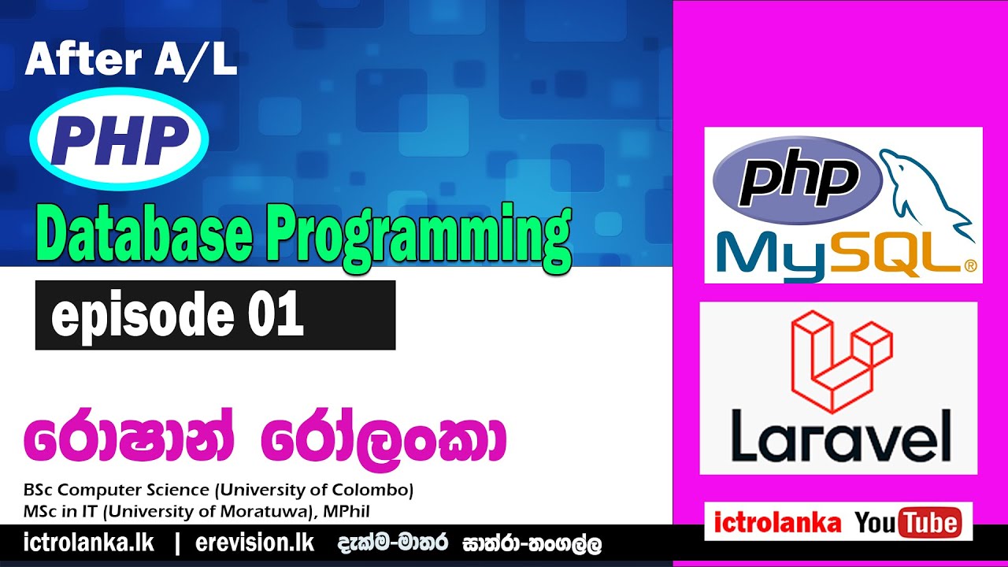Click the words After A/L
131,61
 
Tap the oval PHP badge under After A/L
119,139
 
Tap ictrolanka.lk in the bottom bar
89,543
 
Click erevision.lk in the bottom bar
254,543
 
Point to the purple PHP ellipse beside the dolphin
796,180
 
